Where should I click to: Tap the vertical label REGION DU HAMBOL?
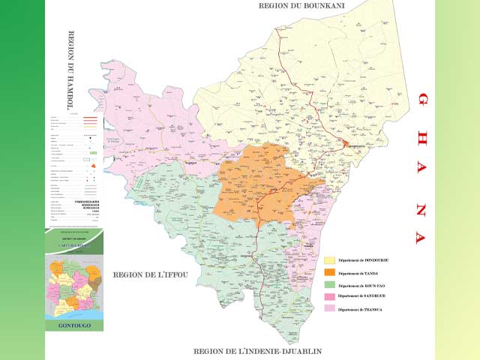[x=73, y=71]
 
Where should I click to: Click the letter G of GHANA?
[x=422, y=99]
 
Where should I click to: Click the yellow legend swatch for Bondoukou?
[x=329, y=260]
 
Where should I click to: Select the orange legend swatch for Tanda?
[x=329, y=273]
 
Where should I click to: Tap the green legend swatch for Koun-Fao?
[x=329, y=285]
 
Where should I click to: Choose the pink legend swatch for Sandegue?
[x=329, y=297]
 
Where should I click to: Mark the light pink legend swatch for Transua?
[x=329, y=309]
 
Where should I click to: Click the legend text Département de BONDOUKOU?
[x=363, y=260]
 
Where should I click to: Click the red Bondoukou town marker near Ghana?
[x=346, y=142]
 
